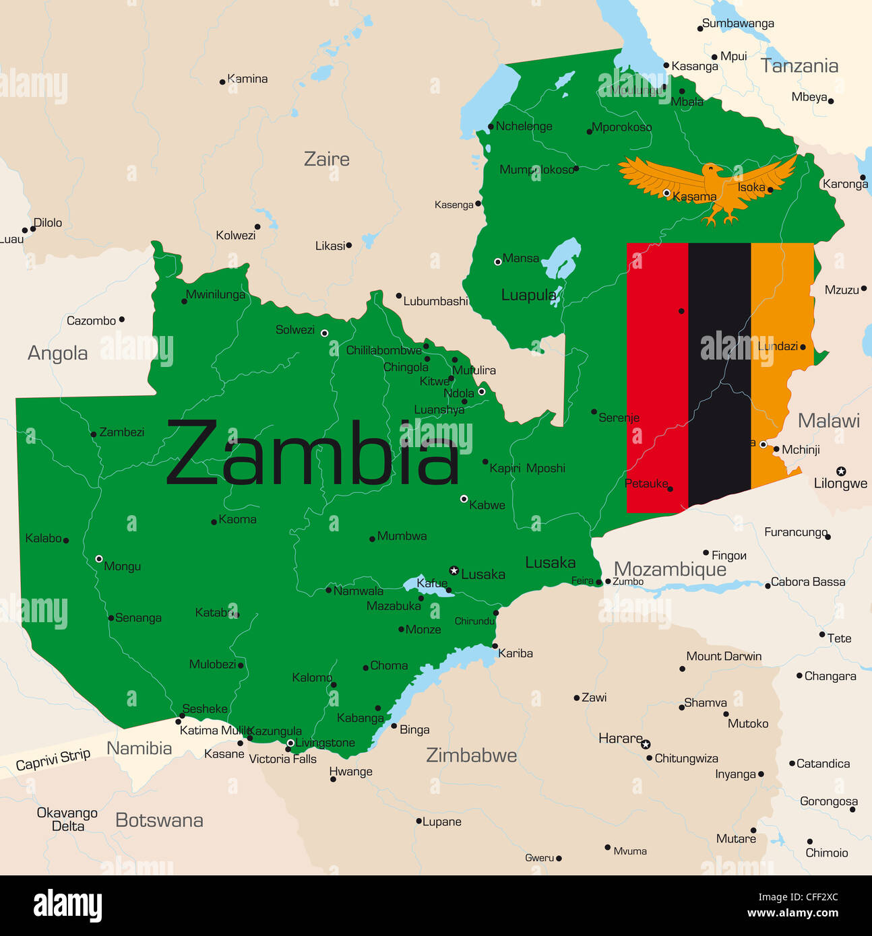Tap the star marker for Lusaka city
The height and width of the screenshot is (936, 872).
coord(454,571)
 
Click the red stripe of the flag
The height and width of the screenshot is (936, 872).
coord(657,377)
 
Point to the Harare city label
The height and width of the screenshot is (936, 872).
coord(620,739)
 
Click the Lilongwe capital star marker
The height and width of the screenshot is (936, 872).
coord(841,471)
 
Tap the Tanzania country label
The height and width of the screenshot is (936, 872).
coord(799,66)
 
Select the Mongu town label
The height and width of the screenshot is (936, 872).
coord(122,566)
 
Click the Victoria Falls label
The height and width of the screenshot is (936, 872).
coord(282,759)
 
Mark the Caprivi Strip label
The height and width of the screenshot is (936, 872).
coord(53,760)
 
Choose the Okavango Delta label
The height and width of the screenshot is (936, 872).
coord(67,820)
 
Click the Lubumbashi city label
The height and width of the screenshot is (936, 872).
coord(435,301)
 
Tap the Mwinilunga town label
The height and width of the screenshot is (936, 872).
coord(216,294)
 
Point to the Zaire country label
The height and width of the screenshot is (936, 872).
coord(327,160)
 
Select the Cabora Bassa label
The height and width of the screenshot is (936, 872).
coord(807,582)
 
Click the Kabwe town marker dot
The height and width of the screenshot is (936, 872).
coord(464,499)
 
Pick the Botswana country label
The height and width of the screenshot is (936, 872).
coord(159,820)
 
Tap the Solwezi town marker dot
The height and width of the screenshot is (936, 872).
coord(324,333)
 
